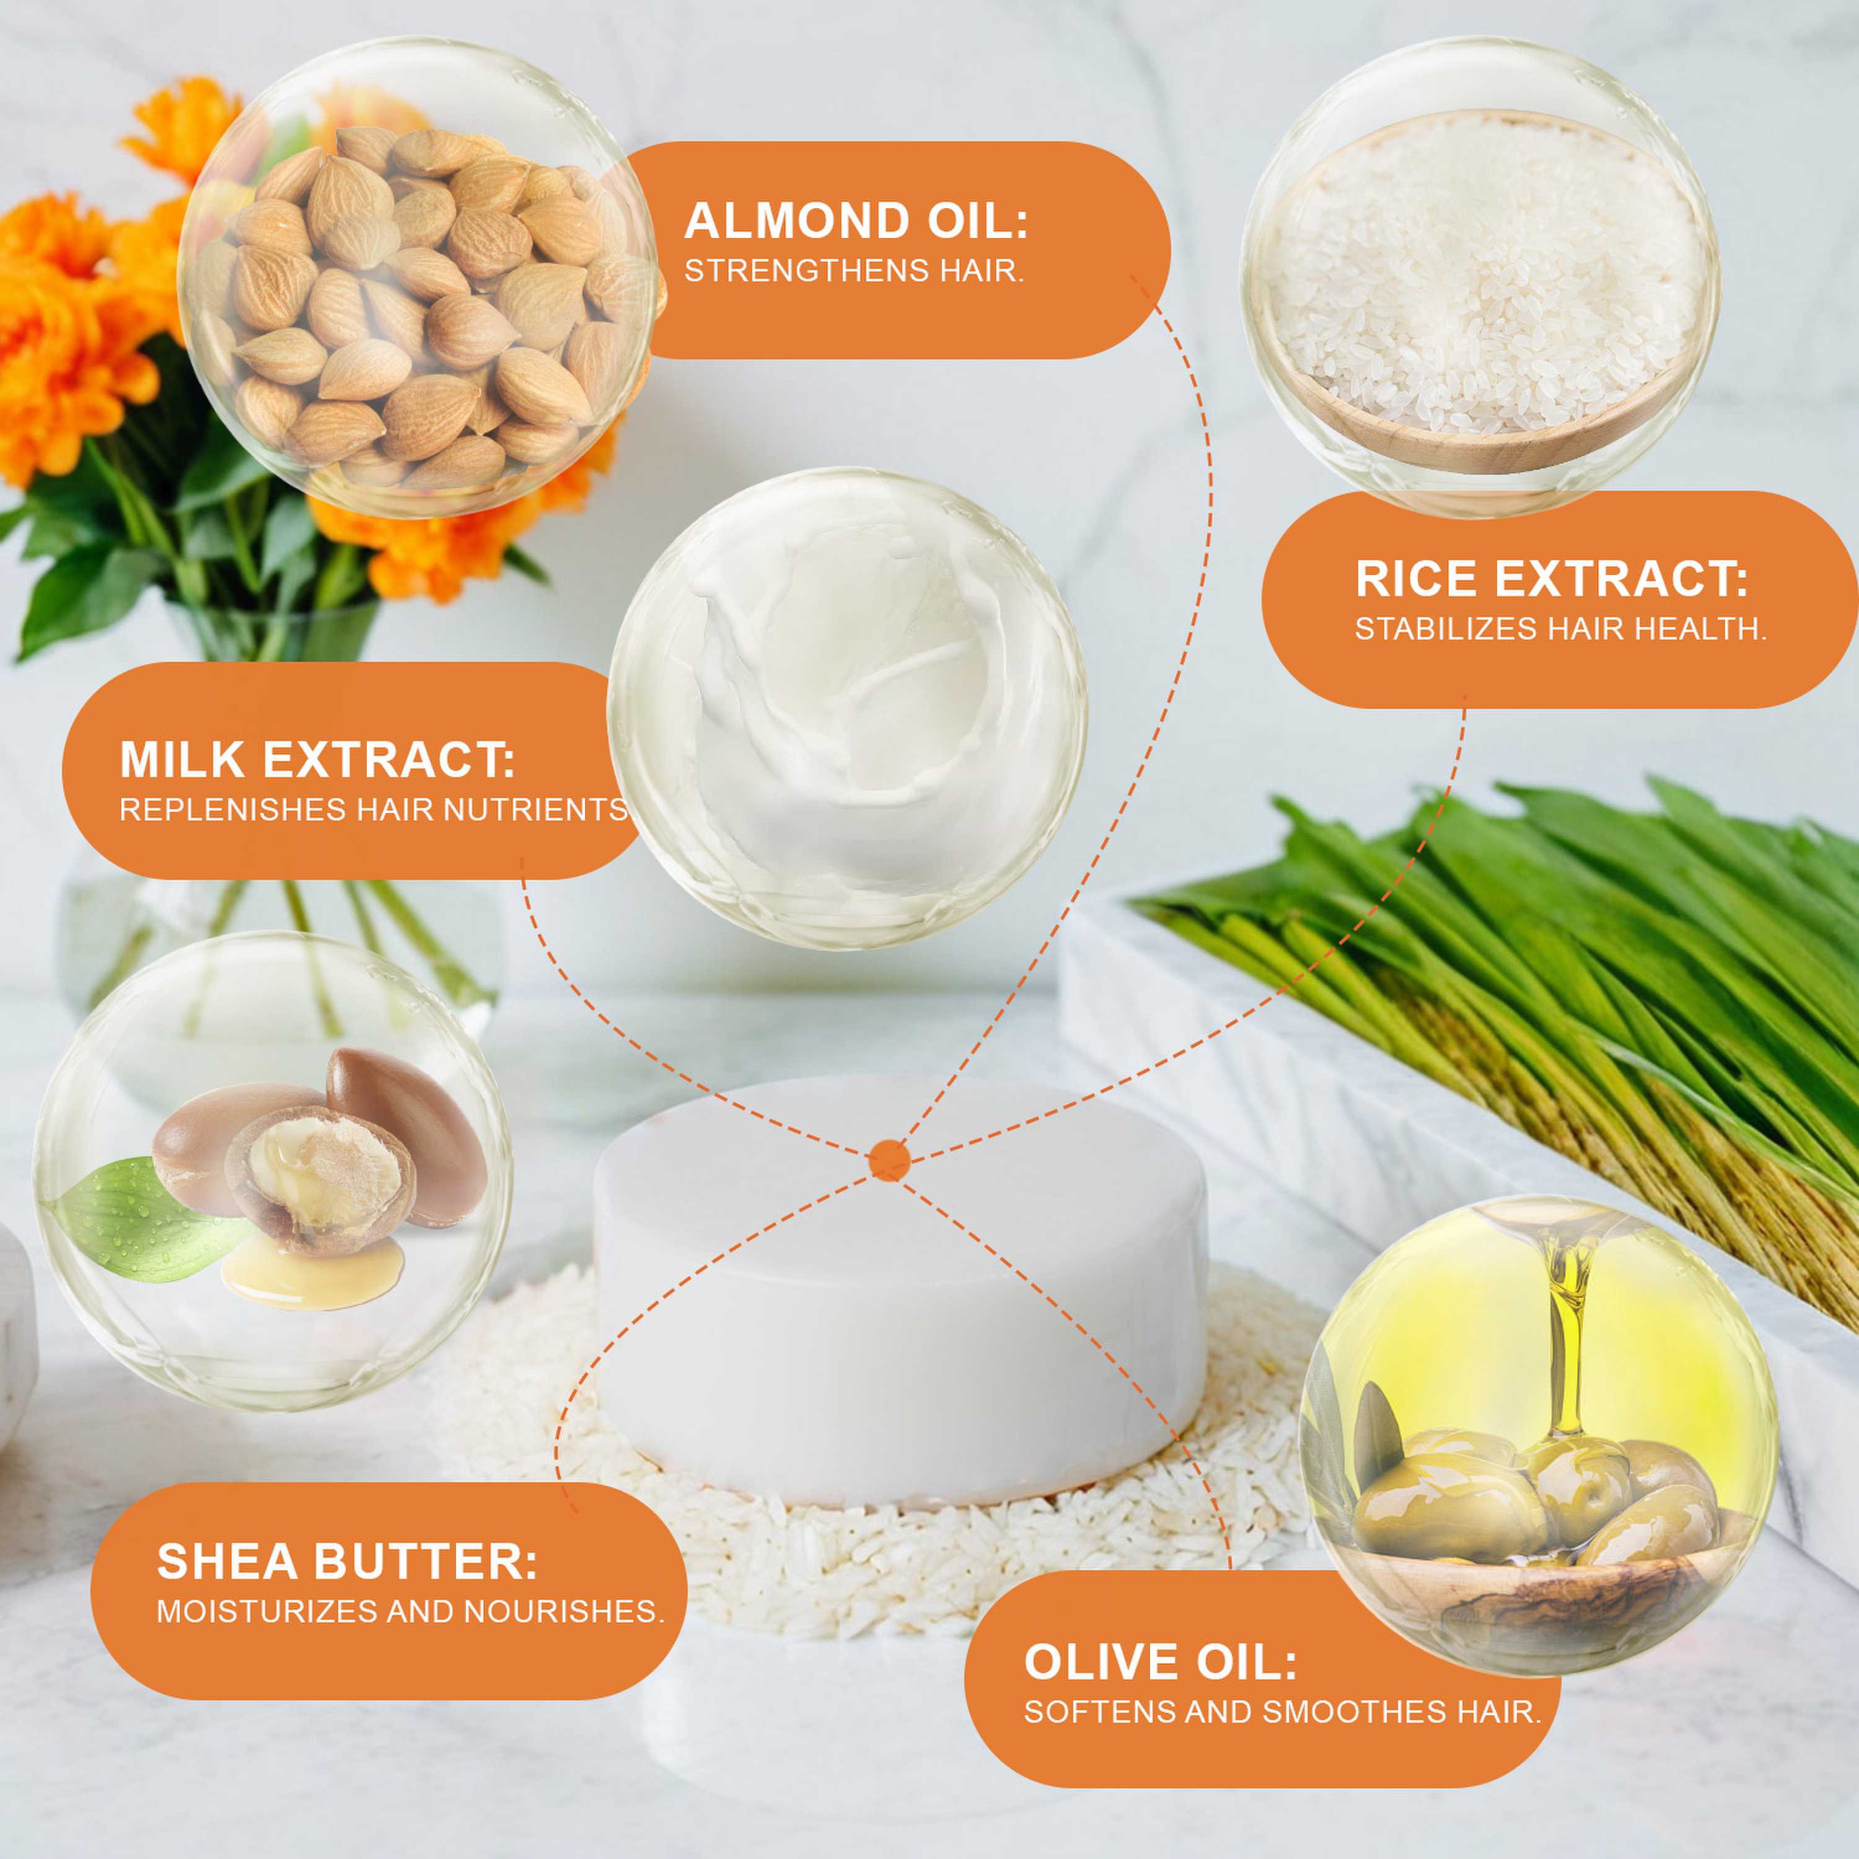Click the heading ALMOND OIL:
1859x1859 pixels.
856,221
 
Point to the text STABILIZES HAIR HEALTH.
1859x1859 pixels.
1561,630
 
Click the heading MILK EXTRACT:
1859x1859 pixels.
317,760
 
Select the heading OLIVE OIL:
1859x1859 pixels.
1161,1662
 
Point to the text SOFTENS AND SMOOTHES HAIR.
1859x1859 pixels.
1283,1712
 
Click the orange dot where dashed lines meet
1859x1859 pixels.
889,1159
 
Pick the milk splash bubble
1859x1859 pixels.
846,708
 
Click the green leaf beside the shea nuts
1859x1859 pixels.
144,1222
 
